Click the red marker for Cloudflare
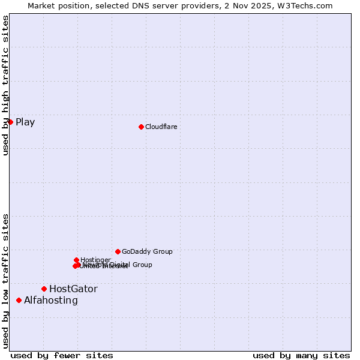141,127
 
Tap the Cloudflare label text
161,127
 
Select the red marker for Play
10,122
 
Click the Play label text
25,122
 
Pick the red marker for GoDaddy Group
118,251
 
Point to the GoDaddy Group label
147,251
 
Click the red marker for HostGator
44,289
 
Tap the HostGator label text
73,289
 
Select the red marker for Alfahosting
19,300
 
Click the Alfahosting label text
51,300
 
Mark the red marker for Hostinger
76,260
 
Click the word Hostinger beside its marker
96,260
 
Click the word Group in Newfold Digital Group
142,265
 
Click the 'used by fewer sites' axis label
62,355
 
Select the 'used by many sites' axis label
301,355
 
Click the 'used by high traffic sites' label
5,85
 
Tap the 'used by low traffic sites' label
5,280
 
